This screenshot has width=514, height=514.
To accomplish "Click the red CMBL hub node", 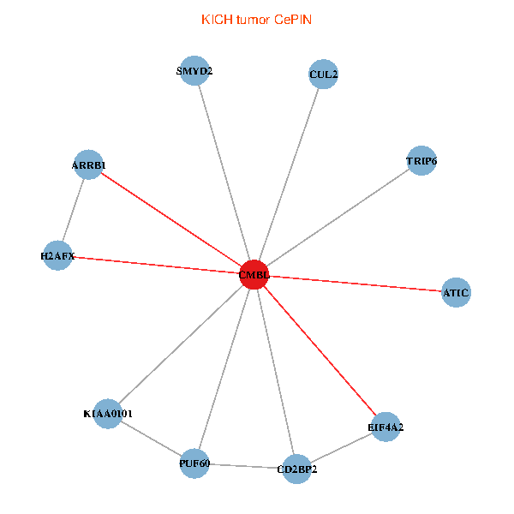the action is pos(254,274).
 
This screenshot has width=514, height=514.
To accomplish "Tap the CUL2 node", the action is pos(323,75).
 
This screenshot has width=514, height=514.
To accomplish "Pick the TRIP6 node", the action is pos(421,160).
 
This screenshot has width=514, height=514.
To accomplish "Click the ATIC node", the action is pos(456,293).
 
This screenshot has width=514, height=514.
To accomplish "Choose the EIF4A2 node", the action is pos(385,427).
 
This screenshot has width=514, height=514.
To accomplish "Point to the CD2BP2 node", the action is pos(296,469).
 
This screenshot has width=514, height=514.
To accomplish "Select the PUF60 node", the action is pos(194,463).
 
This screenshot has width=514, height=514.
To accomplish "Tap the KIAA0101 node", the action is pos(107,414).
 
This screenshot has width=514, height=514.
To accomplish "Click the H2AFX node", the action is pos(57,255).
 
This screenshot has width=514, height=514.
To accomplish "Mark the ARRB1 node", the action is pos(89,164).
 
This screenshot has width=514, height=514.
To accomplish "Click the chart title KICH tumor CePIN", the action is pos(256,19).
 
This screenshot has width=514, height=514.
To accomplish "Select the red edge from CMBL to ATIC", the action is pos(355,284).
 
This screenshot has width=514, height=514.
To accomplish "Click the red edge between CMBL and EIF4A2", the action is pos(320,350).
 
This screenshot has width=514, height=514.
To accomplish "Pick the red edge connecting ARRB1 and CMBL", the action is pos(171,219).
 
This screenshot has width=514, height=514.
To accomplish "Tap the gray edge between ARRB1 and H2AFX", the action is pos(74,210).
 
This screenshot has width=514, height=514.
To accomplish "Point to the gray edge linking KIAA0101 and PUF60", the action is pos(151,439).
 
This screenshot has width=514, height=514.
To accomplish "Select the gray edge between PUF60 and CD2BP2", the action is pos(245,466).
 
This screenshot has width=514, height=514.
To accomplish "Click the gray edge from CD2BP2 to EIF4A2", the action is pos(341,447).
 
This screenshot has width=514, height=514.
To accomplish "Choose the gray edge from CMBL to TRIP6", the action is pos(338,217).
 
